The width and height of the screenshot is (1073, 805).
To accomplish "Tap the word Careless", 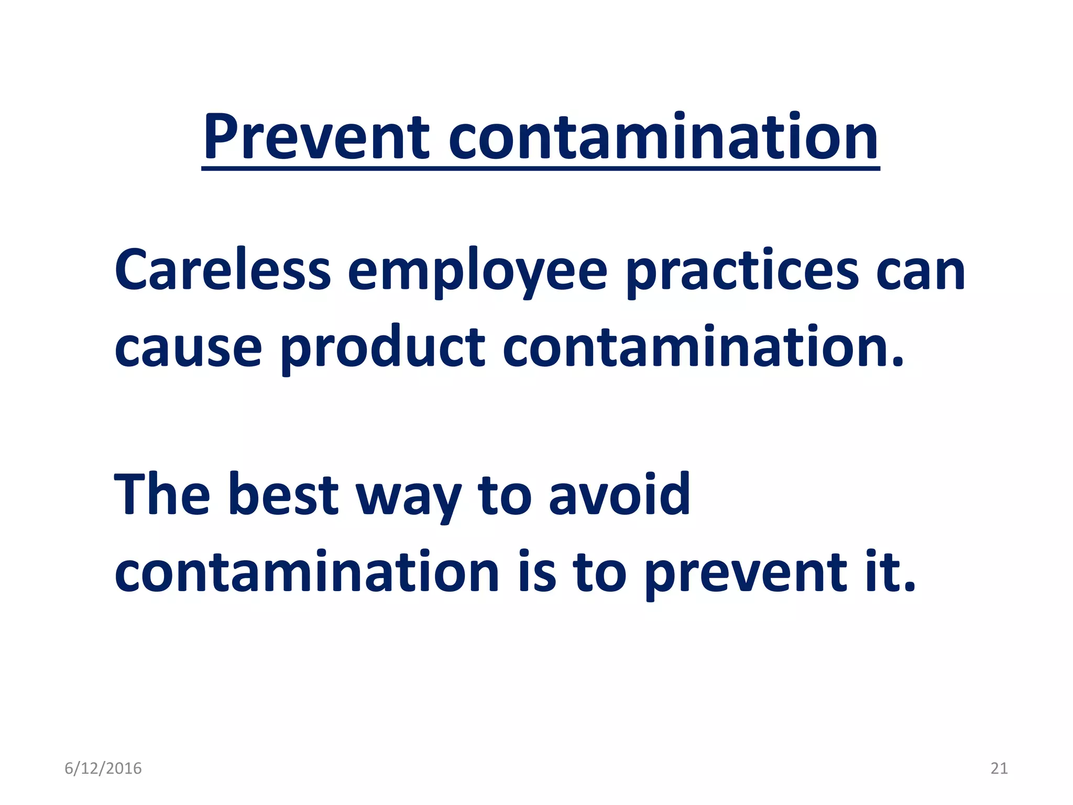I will click(x=223, y=270).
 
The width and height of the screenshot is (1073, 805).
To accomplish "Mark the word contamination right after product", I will click(x=702, y=347).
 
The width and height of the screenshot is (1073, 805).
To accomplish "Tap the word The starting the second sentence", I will click(x=162, y=495).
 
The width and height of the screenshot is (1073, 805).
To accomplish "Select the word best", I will click(x=283, y=495).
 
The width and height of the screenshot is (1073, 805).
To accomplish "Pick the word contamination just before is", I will click(x=306, y=572).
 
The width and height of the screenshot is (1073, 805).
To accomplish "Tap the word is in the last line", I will click(x=537, y=572).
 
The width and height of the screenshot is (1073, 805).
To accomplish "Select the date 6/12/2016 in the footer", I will click(x=103, y=768).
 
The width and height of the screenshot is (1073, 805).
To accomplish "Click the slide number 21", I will click(x=999, y=768).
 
